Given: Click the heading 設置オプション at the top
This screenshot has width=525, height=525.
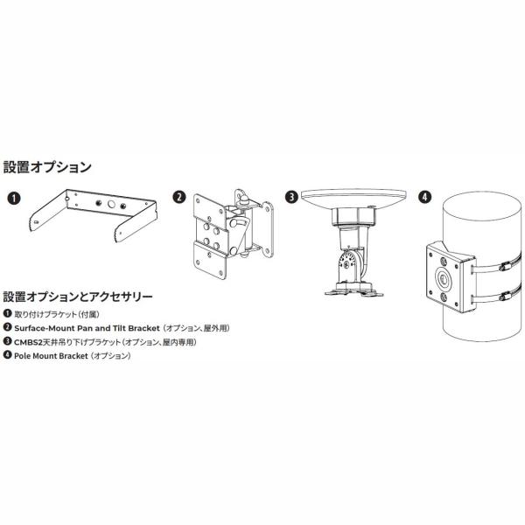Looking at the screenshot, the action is (x=47, y=167).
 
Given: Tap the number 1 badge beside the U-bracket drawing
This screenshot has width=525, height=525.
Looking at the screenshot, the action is (x=14, y=198).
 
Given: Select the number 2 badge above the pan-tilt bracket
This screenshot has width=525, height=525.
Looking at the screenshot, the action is (x=179, y=197).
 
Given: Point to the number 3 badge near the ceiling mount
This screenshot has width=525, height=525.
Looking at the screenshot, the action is (x=291, y=197).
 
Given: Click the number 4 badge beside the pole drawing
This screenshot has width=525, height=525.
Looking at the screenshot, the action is (x=425, y=197).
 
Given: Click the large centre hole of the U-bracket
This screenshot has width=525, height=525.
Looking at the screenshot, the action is (x=111, y=204).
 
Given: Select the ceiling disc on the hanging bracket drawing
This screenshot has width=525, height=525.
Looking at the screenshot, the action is (x=353, y=199).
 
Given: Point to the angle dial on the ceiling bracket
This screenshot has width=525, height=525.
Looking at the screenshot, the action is (x=349, y=262).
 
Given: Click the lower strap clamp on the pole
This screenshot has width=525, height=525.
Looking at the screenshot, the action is (x=506, y=297).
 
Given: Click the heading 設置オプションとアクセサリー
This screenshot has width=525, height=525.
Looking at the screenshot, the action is (x=78, y=297).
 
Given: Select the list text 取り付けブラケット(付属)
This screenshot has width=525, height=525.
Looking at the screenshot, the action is (x=57, y=314).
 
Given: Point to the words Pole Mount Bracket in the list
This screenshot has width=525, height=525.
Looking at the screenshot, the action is (x=51, y=356).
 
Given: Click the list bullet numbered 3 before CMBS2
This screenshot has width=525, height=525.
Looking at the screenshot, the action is (x=7, y=341).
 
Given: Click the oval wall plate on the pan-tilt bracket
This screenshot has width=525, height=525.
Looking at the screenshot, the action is (x=267, y=229).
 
